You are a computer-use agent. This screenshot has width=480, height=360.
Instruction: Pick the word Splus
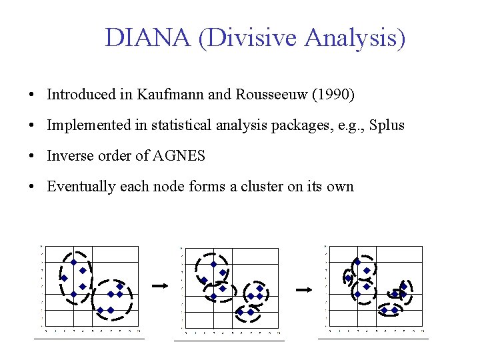point(387,125)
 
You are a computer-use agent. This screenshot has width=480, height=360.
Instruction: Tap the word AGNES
point(179,156)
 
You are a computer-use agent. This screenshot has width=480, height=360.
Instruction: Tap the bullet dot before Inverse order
point(32,156)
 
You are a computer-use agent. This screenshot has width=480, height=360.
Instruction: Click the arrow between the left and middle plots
point(160,285)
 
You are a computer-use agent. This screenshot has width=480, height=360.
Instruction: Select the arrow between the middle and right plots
point(304,289)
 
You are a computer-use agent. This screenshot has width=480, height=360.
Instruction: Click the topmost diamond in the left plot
point(73,262)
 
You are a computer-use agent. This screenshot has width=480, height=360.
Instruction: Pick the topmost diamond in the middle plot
point(213,264)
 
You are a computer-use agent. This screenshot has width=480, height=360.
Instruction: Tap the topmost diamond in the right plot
point(357,262)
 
